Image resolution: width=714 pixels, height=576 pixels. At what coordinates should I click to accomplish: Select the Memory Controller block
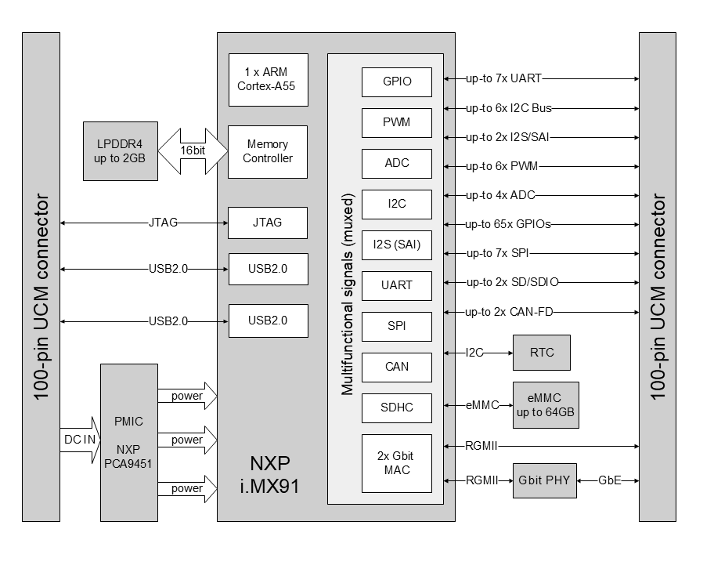click(x=267, y=151)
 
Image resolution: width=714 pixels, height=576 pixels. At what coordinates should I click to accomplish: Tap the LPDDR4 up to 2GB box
click(x=120, y=151)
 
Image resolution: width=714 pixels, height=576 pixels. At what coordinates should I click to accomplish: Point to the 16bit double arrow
click(x=192, y=151)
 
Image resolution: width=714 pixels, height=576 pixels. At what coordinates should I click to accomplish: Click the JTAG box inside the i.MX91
click(x=267, y=223)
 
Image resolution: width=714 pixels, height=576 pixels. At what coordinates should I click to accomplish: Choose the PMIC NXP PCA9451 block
click(x=128, y=442)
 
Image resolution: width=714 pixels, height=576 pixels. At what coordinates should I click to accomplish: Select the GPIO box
click(x=397, y=82)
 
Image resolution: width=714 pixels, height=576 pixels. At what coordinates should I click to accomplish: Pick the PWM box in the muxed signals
click(x=397, y=122)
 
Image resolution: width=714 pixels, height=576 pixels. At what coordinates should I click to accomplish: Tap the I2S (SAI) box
click(x=397, y=245)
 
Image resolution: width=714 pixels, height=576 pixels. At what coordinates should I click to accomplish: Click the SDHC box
click(x=397, y=408)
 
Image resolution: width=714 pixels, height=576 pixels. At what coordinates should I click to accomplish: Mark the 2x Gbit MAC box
click(x=397, y=463)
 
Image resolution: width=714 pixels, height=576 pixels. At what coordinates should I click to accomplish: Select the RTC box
click(x=541, y=353)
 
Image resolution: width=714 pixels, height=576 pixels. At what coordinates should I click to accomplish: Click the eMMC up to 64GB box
click(x=546, y=405)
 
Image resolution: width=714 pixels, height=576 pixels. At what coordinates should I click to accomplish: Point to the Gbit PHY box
click(x=546, y=480)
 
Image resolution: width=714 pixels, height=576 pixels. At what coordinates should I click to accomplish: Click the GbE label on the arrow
click(x=609, y=480)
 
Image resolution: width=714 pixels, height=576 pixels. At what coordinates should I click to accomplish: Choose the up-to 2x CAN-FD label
click(x=510, y=312)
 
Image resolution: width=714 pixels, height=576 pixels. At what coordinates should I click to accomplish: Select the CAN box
click(x=397, y=367)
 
